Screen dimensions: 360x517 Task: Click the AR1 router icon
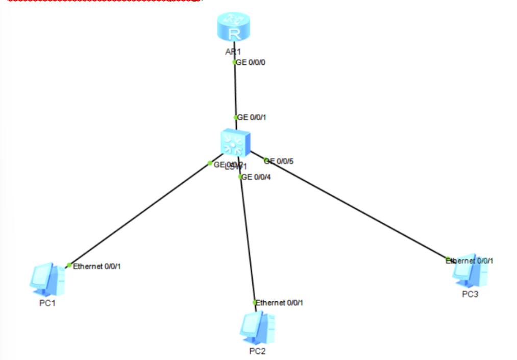click(234, 28)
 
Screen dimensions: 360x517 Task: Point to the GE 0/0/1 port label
click(252, 117)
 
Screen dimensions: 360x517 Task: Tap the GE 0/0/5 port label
click(279, 161)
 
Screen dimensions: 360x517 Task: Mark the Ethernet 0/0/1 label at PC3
click(470, 261)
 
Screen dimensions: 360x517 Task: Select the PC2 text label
click(257, 351)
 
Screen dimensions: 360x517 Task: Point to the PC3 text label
click(470, 295)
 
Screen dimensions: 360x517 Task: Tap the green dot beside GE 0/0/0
click(234, 62)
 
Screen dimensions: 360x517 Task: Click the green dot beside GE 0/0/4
click(240, 177)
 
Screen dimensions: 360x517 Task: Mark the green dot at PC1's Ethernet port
click(69, 265)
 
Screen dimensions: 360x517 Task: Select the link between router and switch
click(235, 90)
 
